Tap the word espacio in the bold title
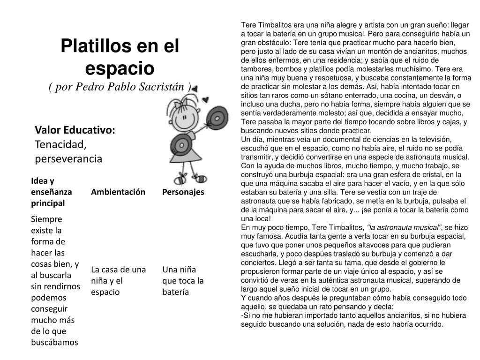pos(120,68)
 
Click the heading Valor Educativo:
pos(75,130)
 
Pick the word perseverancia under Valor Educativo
pos(68,159)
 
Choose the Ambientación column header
pos(118,192)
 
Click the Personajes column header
pos(183,192)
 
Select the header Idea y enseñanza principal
pos(52,192)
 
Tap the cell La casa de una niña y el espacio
pos(119,281)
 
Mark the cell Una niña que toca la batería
pos(183,281)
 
